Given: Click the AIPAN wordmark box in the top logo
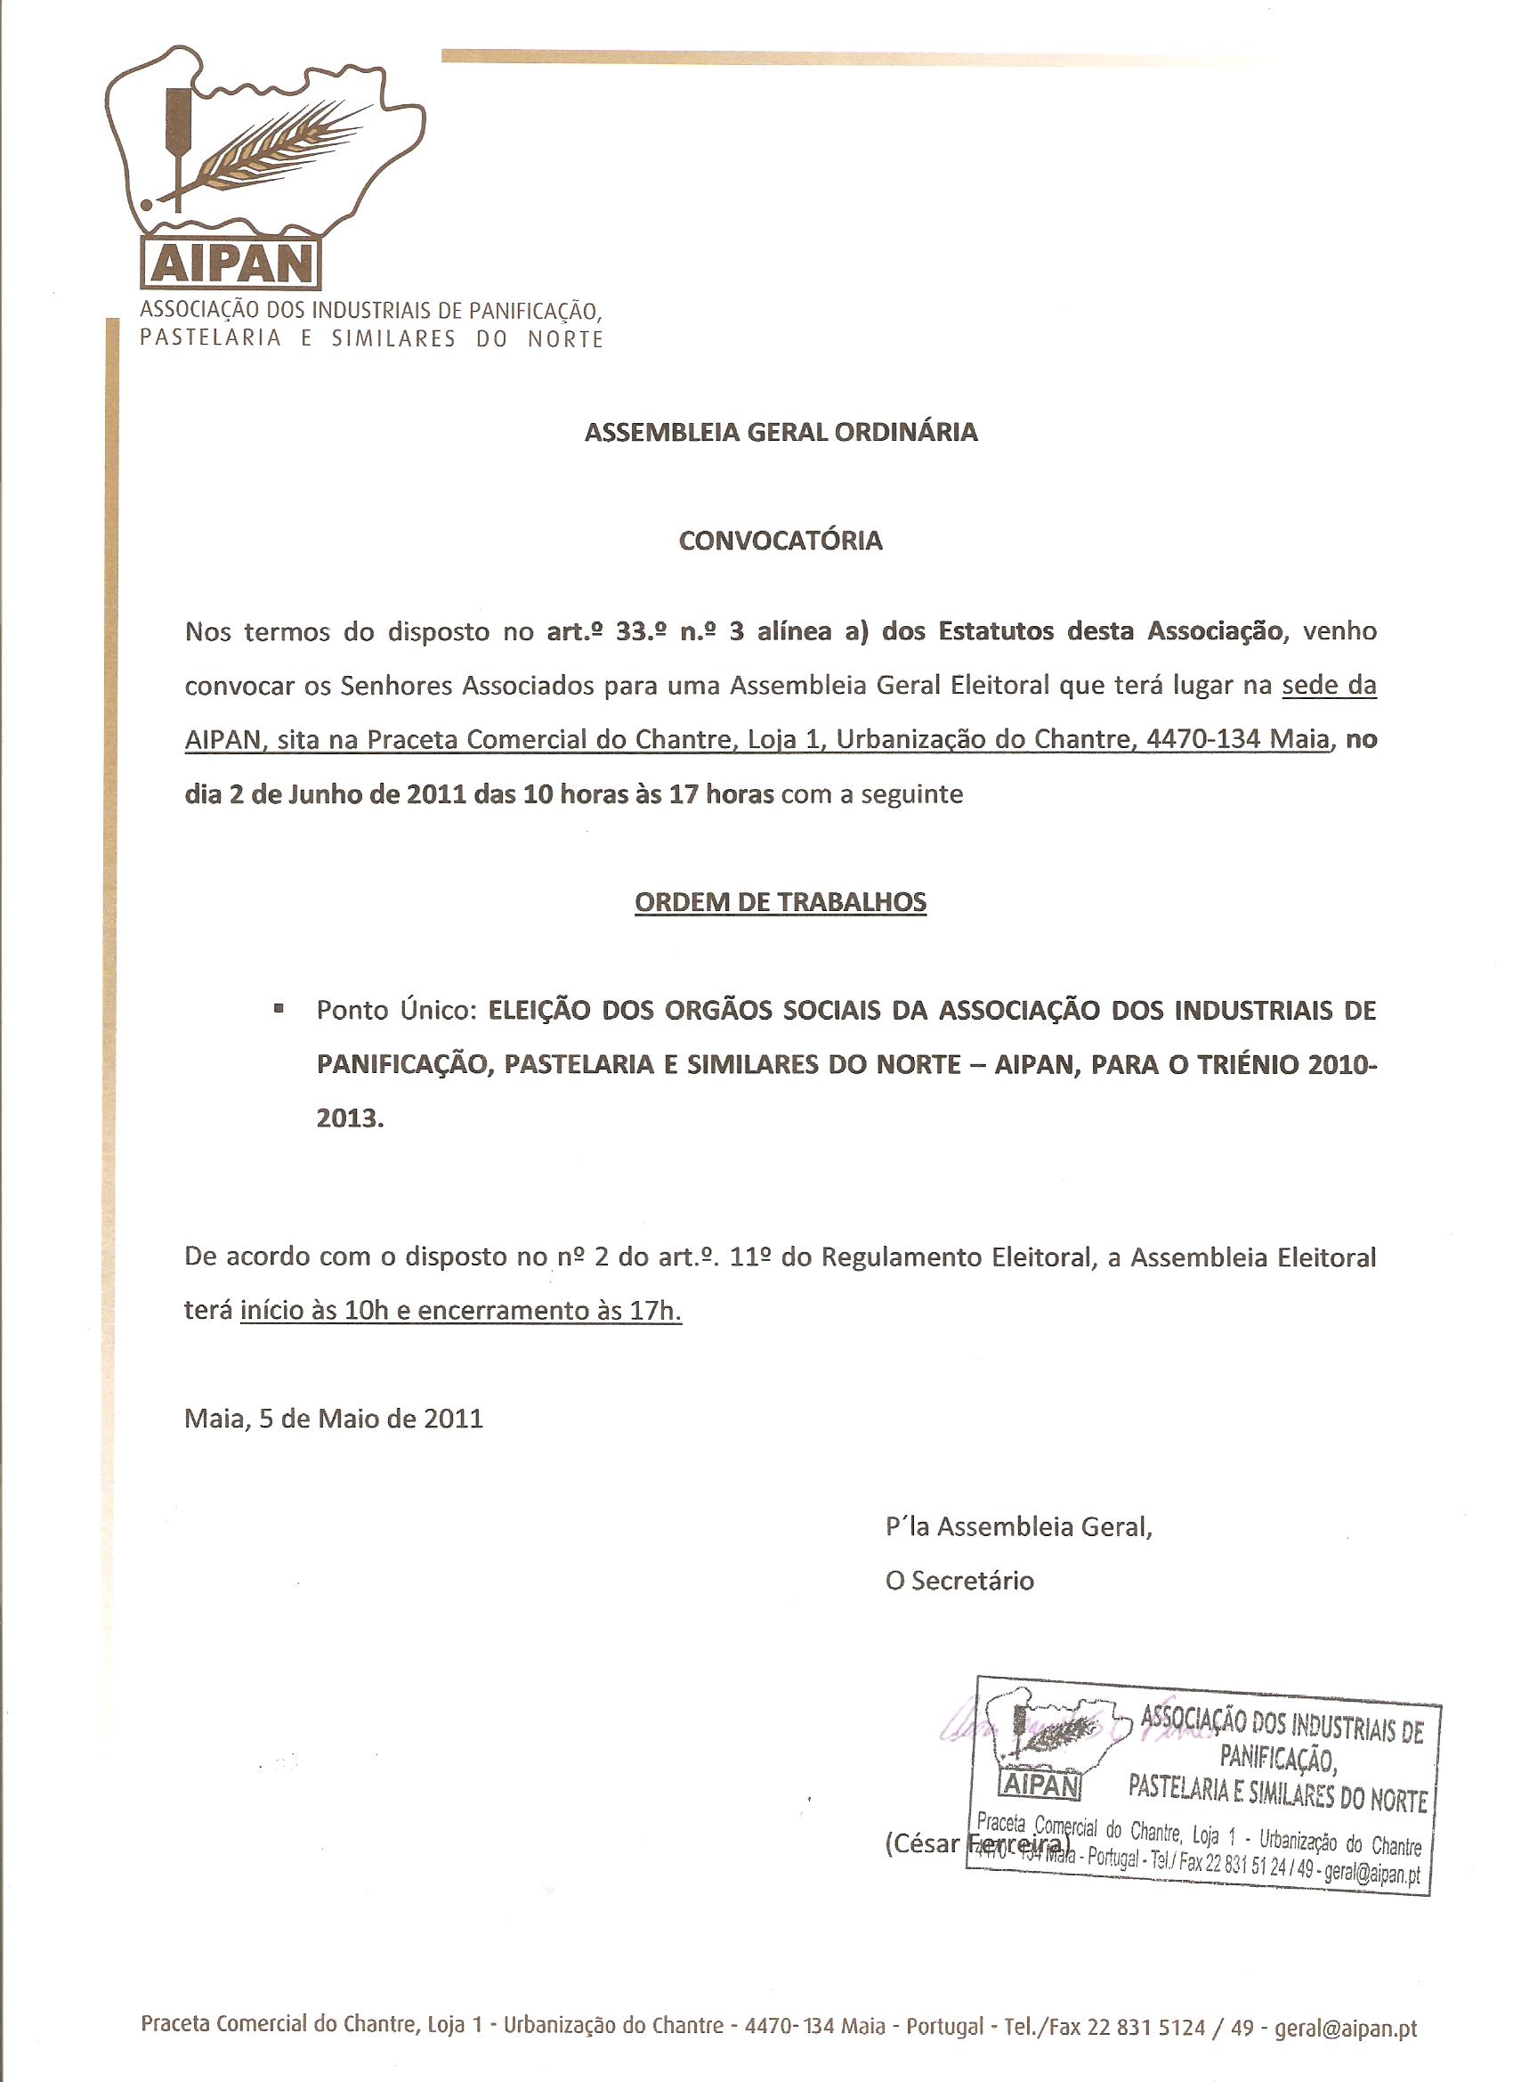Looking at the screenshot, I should click(x=231, y=264).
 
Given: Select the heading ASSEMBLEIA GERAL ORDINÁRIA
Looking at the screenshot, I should click(x=781, y=433).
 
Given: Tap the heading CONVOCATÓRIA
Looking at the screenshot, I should click(x=781, y=540).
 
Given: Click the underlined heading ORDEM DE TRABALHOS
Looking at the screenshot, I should click(x=781, y=901).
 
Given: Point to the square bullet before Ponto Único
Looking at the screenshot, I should click(x=278, y=1009).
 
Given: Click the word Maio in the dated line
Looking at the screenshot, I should click(x=349, y=1419).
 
